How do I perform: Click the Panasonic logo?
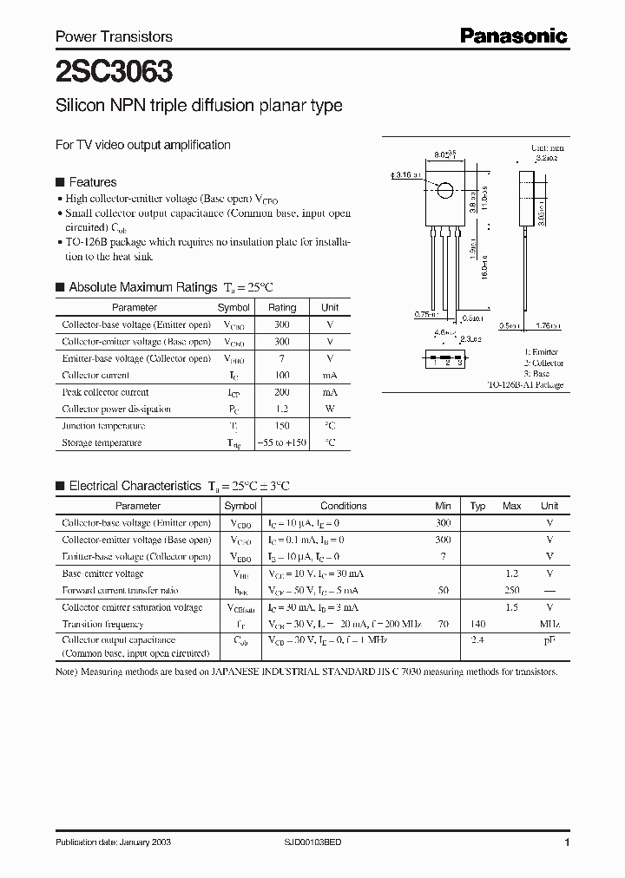[513, 36]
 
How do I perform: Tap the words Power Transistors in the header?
[114, 36]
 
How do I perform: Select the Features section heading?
[92, 182]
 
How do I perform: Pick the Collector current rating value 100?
[282, 375]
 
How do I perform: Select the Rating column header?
[282, 307]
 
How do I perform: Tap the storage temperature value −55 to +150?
[282, 442]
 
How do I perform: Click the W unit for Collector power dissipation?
[330, 409]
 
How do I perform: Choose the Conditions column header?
[344, 506]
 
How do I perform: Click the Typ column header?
[478, 506]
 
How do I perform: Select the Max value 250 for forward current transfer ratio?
[512, 590]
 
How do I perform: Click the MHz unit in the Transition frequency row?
[549, 624]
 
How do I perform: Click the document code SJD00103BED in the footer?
[313, 843]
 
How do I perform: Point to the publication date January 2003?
[110, 843]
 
